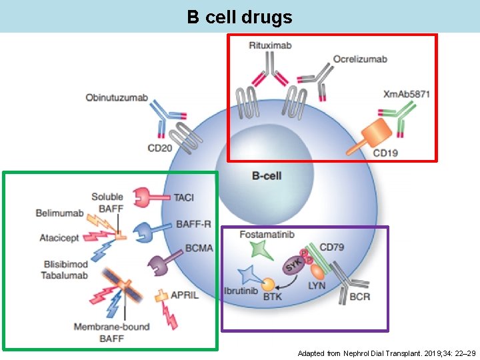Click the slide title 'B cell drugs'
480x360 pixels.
pyautogui.click(x=239, y=17)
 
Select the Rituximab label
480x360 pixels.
pyautogui.click(x=270, y=45)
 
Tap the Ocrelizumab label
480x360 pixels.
pyautogui.click(x=360, y=59)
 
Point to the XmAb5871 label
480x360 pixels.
pyautogui.click(x=407, y=94)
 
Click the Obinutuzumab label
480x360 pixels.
pyautogui.click(x=117, y=98)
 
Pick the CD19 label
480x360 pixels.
pyautogui.click(x=386, y=153)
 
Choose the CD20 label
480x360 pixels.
pyautogui.click(x=159, y=147)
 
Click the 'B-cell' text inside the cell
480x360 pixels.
pyautogui.click(x=267, y=176)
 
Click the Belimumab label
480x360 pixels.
pyautogui.click(x=60, y=213)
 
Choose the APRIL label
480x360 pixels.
pyautogui.click(x=185, y=295)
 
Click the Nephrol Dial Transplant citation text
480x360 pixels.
pyautogui.click(x=386, y=353)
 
